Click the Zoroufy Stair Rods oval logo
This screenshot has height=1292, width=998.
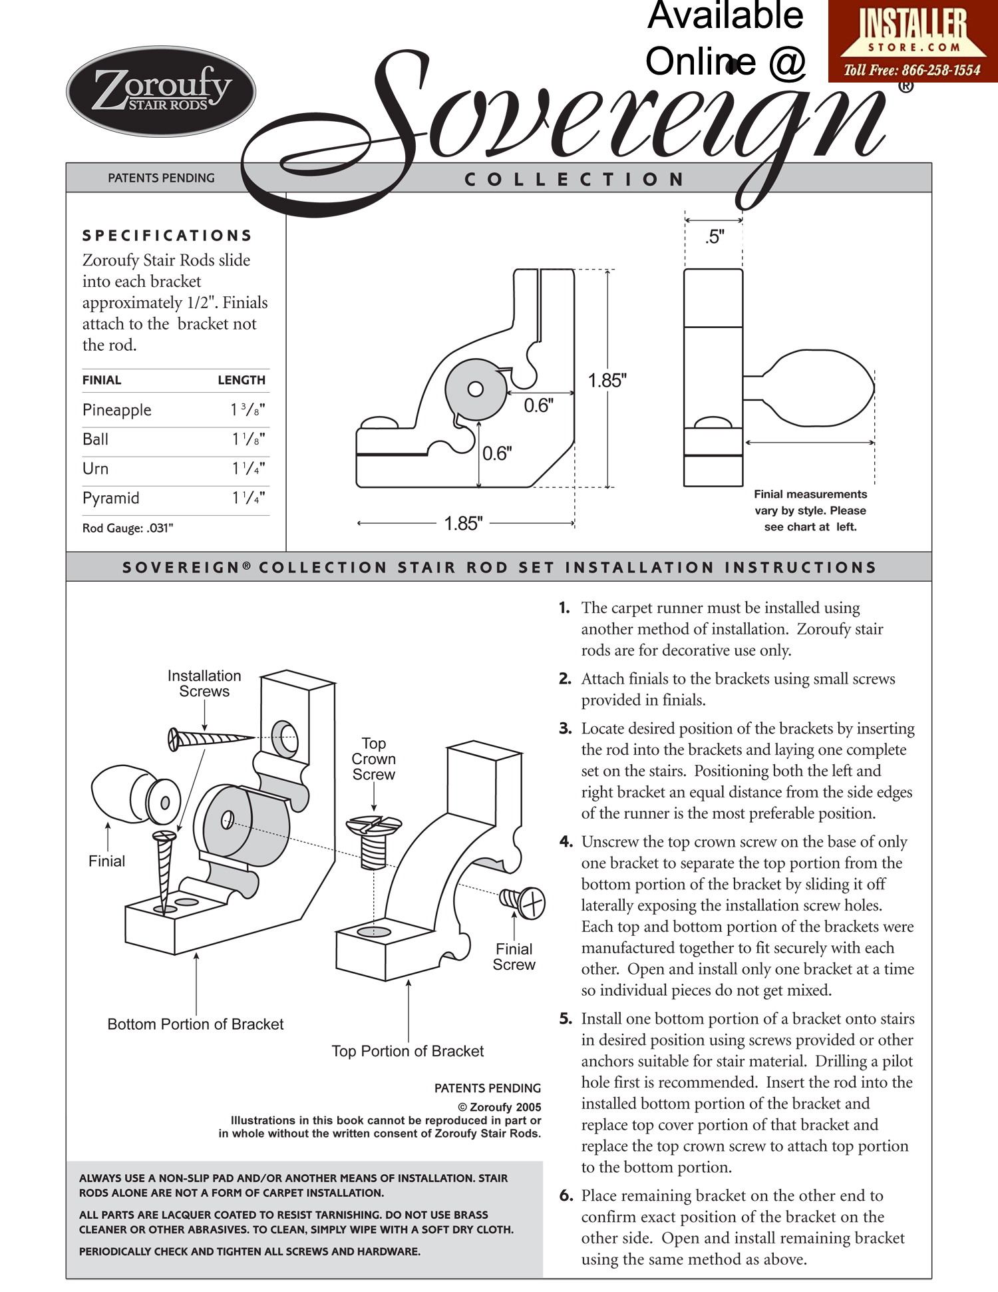coord(161,91)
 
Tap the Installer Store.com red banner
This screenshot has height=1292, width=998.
coord(912,41)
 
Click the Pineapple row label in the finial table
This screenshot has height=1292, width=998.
coord(117,410)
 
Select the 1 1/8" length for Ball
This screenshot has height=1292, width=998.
coord(248,439)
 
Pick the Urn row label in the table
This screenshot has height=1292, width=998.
coord(96,469)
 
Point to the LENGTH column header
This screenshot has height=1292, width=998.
coord(242,380)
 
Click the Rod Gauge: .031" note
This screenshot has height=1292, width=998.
coord(128,528)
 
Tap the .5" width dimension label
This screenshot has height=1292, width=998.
coord(715,237)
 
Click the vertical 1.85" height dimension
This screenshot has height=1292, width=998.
coord(607,381)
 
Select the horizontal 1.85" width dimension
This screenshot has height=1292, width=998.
coord(464,523)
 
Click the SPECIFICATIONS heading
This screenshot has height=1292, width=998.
coord(167,236)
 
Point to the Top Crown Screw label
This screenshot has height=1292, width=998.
coord(373,759)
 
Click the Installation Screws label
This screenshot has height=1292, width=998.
coord(204,684)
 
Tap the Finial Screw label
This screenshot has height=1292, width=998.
coord(514,957)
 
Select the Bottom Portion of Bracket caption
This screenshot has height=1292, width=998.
coord(196,1024)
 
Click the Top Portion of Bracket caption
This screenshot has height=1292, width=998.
coord(408,1051)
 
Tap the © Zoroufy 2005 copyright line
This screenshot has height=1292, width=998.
coord(499,1107)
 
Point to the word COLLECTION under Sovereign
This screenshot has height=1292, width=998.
coord(574,180)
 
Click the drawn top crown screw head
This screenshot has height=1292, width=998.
coord(374,825)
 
